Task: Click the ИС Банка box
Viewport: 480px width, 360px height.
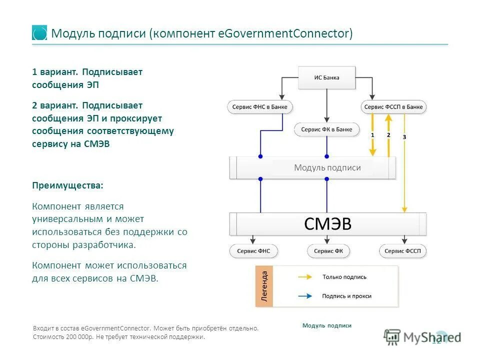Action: (326, 77)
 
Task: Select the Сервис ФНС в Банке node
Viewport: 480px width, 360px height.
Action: (260, 107)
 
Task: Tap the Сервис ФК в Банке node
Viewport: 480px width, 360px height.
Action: (326, 129)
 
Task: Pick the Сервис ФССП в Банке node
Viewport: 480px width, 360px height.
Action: (393, 107)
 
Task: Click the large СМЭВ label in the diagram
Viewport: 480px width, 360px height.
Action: (328, 224)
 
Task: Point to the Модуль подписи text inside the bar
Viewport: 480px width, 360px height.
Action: (327, 168)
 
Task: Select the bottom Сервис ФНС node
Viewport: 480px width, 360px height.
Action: (253, 251)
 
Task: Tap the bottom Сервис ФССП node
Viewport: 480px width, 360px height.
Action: (403, 251)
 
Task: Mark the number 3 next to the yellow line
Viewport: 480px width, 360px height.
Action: (404, 137)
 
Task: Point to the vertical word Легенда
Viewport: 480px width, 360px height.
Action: (265, 286)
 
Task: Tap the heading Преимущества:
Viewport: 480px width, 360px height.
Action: (68, 185)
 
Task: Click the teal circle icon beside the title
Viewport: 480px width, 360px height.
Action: (39, 33)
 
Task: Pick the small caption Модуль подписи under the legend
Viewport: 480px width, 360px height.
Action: (326, 325)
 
